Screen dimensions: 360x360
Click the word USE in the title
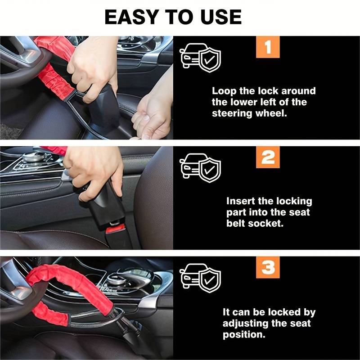point(221,17)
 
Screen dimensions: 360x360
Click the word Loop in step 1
point(224,91)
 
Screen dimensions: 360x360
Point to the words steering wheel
point(249,113)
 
